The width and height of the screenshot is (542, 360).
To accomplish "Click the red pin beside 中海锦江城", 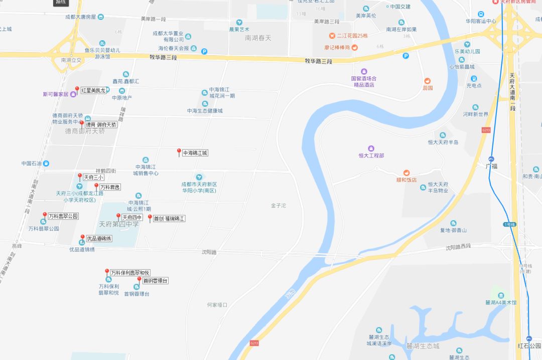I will [x=179, y=151].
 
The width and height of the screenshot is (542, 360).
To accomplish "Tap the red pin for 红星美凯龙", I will [x=77, y=89].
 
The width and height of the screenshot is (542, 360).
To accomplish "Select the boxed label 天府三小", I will [x=93, y=177].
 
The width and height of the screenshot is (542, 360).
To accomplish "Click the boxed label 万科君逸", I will [x=110, y=187].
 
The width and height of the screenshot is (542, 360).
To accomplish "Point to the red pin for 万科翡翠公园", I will [x=45, y=215].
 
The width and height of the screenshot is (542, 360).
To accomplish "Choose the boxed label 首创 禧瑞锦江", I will [x=169, y=219].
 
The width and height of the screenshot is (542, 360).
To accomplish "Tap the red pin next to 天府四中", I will [x=118, y=217].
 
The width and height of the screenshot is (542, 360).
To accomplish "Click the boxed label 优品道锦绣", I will [x=98, y=239].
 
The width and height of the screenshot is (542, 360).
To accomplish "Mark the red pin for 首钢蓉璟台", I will [x=139, y=279].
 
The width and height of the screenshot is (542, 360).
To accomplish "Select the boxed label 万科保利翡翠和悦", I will [x=130, y=273].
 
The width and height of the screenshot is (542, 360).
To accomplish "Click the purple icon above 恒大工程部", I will [x=371, y=148].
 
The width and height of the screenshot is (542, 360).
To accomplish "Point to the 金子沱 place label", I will [x=278, y=206].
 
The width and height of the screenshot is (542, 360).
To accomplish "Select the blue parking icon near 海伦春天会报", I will [x=204, y=51].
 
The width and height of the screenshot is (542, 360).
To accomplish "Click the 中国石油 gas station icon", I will [x=46, y=163].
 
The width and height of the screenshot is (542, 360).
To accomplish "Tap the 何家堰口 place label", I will [x=217, y=305].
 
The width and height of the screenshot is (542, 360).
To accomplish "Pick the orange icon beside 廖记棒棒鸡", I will [x=355, y=48].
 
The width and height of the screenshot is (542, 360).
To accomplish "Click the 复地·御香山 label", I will [x=453, y=230].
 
